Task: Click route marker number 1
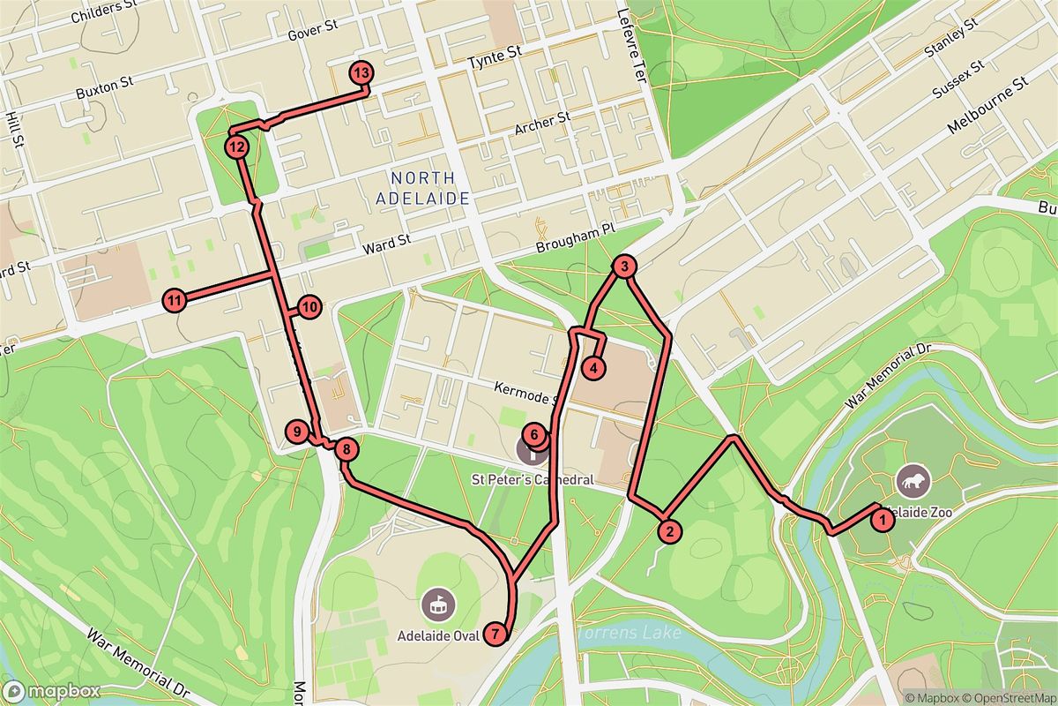(x=880, y=520)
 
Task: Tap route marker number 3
(x=623, y=267)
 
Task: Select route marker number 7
(x=497, y=633)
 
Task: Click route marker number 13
(x=361, y=72)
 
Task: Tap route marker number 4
(x=595, y=367)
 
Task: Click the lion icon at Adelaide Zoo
(x=912, y=482)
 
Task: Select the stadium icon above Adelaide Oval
(x=438, y=604)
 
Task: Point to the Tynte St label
(x=495, y=56)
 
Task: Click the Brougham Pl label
(x=574, y=241)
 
